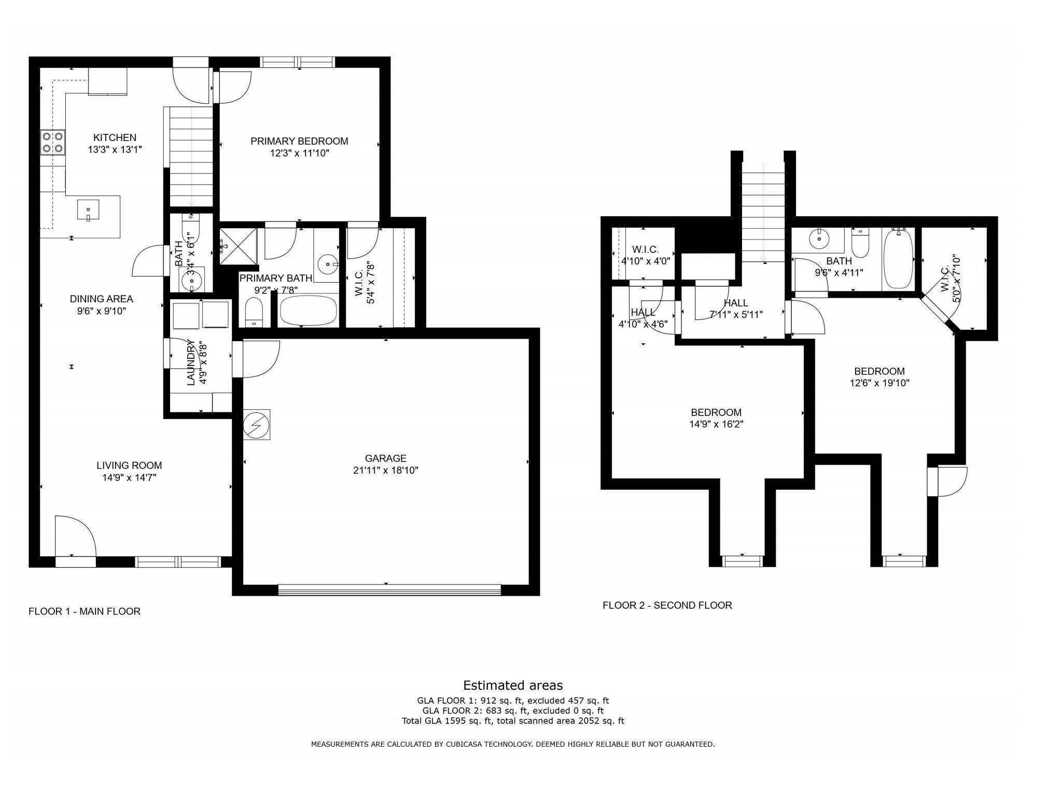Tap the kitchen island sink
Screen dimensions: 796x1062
[89, 210]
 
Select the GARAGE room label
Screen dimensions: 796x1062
[385, 458]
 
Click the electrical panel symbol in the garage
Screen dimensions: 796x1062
[257, 425]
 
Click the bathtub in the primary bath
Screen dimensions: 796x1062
[308, 311]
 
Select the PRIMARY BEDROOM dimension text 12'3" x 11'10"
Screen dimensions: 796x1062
[299, 153]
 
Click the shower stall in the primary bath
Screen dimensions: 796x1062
[238, 247]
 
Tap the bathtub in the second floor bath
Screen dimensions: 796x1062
[898, 259]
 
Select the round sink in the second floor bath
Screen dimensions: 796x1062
[819, 239]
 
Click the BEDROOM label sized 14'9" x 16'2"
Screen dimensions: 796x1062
[716, 413]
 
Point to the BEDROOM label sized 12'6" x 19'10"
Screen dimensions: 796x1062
[879, 371]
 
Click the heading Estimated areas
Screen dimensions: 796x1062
[513, 686]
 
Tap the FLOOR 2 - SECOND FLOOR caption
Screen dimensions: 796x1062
[667, 605]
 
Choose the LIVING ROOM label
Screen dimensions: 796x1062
[129, 466]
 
